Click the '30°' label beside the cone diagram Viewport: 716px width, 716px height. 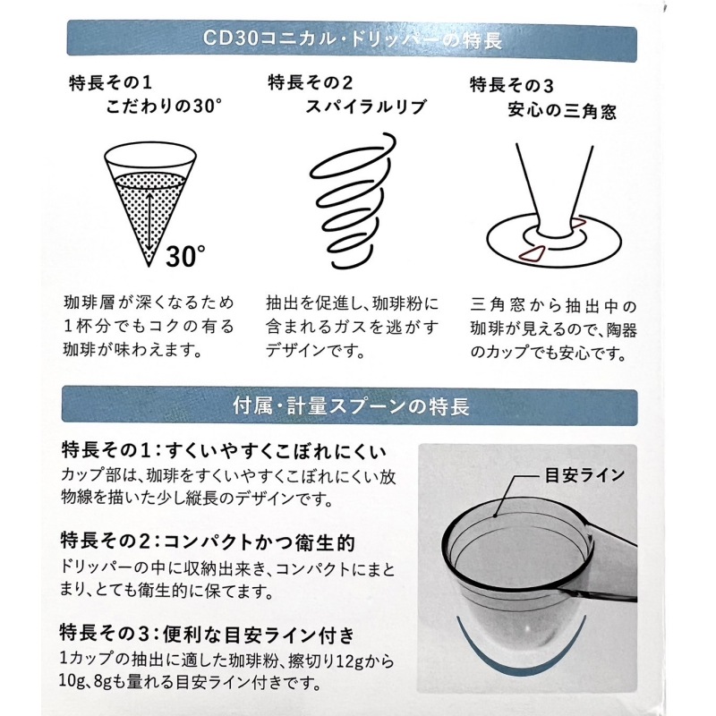186,257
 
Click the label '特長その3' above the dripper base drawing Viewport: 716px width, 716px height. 512,84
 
